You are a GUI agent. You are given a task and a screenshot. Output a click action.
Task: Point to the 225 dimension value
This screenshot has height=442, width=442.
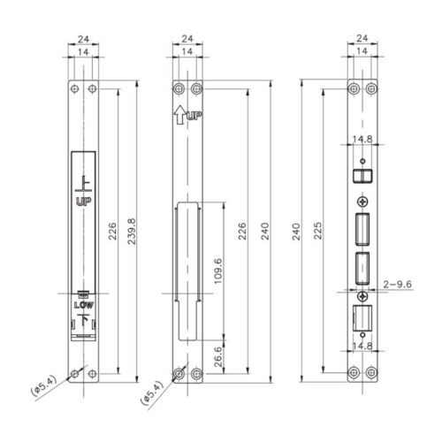coord(318,232)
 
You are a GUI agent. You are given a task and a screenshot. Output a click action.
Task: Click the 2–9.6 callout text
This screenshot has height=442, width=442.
coord(400,283)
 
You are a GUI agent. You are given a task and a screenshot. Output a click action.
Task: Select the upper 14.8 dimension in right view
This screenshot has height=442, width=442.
coord(362,138)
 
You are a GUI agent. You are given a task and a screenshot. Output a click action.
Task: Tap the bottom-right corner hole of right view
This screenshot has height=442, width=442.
coord(371,375)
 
